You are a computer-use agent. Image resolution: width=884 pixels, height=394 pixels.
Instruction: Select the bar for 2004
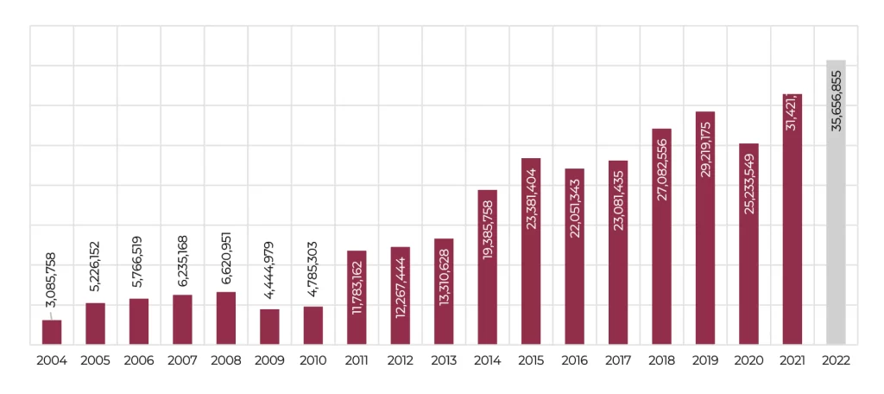pos(52,333)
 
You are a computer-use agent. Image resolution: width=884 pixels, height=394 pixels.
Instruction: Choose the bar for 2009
pos(269,327)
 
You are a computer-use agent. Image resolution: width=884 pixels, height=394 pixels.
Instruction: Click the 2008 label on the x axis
pos(226,361)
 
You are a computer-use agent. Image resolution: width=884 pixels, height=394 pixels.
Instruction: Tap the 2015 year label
pos(531,361)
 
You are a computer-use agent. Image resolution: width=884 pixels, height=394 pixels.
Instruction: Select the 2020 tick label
pos(748,361)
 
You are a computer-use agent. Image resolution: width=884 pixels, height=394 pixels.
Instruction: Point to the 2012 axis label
pos(400,361)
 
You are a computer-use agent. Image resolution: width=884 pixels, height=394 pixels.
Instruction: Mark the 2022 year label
pos(836,361)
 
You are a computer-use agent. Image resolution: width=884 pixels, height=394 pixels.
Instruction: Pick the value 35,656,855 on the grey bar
pos(836,100)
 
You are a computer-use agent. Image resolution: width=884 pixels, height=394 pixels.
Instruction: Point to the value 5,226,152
pos(96,268)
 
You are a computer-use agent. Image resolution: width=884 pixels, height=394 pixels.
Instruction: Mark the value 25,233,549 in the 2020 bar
pos(748,182)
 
